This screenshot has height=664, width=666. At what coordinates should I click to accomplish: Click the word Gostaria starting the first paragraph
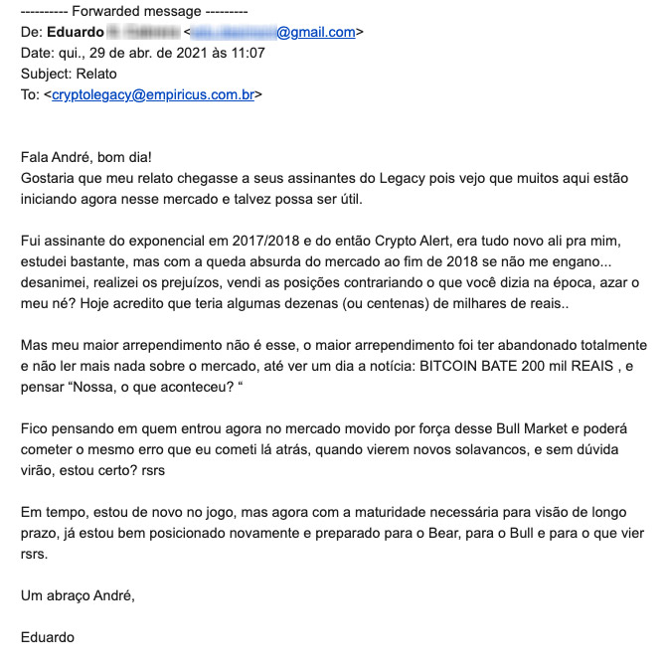click(49, 178)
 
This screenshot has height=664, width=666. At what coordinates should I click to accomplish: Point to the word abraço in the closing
click(69, 595)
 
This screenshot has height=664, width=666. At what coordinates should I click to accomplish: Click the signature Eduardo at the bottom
click(47, 638)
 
